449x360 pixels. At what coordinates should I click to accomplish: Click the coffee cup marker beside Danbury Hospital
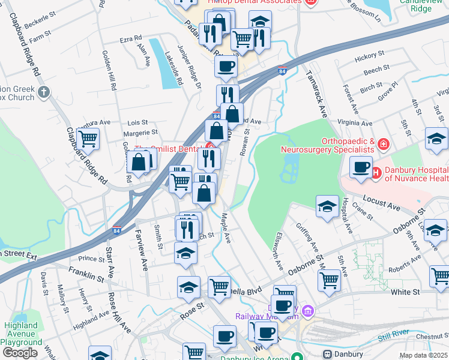(361, 167)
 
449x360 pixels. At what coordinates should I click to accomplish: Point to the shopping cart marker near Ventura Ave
(88, 139)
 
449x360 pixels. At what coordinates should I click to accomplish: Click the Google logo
(20, 353)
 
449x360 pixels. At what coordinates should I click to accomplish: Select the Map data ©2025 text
(424, 355)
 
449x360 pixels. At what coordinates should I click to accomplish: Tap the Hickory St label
(369, 58)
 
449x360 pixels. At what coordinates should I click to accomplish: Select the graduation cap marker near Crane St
(327, 206)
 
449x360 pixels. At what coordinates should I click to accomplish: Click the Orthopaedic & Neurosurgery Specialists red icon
(384, 145)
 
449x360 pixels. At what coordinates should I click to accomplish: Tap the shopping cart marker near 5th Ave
(329, 280)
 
